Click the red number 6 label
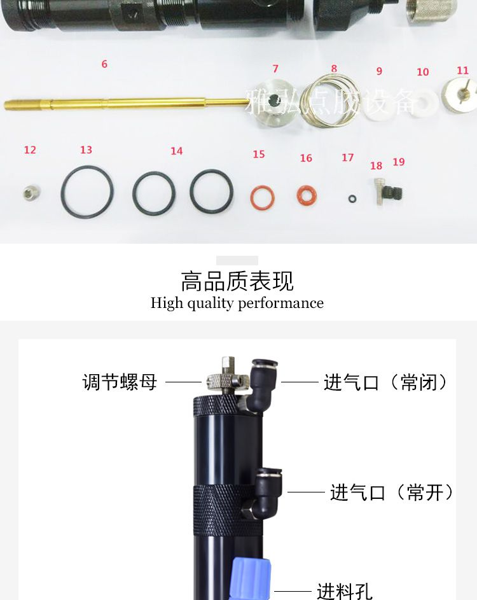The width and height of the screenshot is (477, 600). click(x=104, y=64)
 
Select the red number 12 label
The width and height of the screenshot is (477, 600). click(x=30, y=150)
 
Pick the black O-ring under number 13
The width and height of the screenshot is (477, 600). click(x=88, y=192)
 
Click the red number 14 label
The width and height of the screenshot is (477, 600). click(x=177, y=151)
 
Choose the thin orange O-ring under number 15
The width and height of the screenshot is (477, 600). click(x=262, y=198)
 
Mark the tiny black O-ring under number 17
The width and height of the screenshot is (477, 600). click(x=352, y=199)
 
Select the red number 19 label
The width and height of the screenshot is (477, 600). click(x=399, y=162)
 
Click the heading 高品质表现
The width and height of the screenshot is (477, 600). click(x=237, y=281)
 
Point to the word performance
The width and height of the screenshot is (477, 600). click(x=280, y=303)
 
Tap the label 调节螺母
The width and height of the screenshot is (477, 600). click(x=120, y=382)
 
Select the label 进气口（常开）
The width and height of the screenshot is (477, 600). click(x=391, y=492)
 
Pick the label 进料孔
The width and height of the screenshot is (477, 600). click(x=345, y=591)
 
